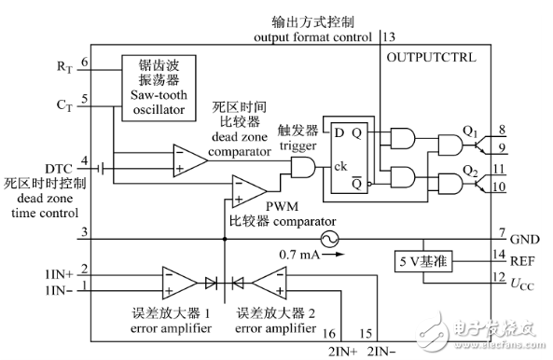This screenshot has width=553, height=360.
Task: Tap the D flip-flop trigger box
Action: (x=346, y=155)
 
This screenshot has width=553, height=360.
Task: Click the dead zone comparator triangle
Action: (x=189, y=158)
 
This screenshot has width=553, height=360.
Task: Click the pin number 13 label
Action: (x=389, y=36)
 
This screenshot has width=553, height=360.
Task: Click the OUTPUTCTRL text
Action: (x=431, y=58)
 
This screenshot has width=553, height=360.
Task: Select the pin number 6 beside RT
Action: (x=84, y=62)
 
